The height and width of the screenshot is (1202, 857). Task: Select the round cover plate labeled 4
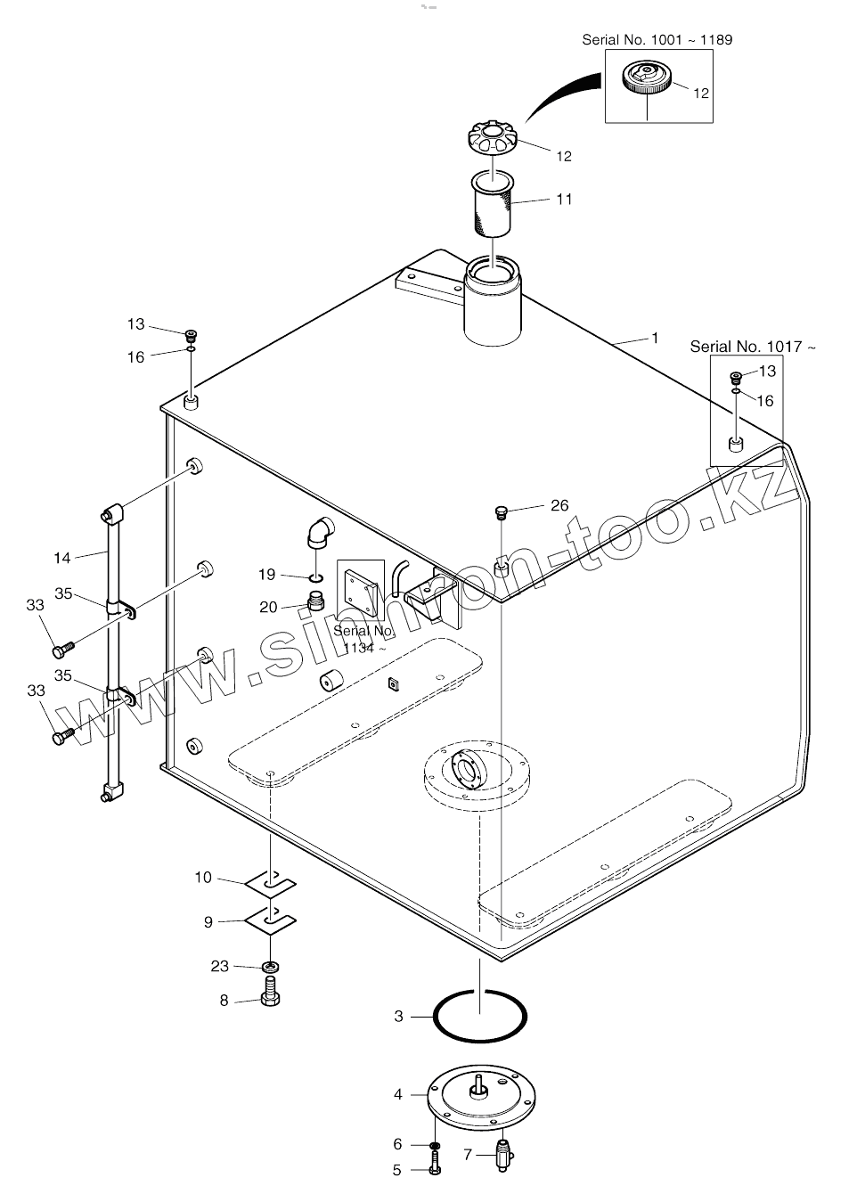pyautogui.click(x=480, y=1097)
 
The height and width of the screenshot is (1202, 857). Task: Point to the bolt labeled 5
pyautogui.click(x=435, y=1165)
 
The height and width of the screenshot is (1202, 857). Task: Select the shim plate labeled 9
pyautogui.click(x=271, y=919)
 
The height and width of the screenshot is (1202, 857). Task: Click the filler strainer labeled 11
pyautogui.click(x=492, y=207)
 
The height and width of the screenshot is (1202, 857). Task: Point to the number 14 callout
pyautogui.click(x=61, y=558)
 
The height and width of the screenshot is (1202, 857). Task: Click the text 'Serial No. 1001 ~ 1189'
pyautogui.click(x=657, y=39)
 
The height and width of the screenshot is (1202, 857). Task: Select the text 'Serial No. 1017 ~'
pyautogui.click(x=752, y=347)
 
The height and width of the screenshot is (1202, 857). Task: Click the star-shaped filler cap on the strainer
pyautogui.click(x=493, y=140)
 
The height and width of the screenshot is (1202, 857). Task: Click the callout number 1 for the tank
pyautogui.click(x=655, y=338)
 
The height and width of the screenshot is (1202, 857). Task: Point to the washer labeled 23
pyautogui.click(x=271, y=966)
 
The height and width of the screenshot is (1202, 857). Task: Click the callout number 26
pyautogui.click(x=559, y=505)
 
